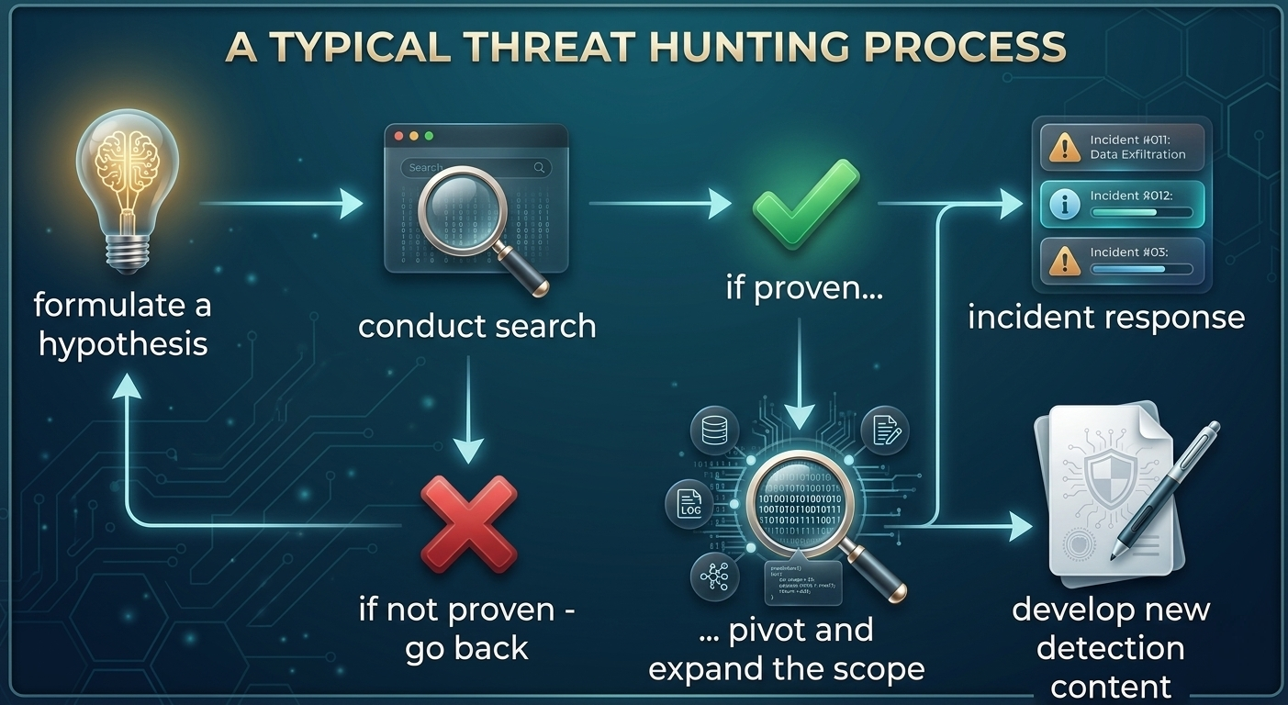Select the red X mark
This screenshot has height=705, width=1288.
click(x=468, y=524)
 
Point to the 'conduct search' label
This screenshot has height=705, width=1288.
click(x=476, y=326)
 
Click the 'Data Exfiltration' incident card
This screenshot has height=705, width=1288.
click(x=1126, y=146)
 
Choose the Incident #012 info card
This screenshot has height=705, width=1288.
click(x=1126, y=204)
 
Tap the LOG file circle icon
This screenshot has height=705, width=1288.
click(x=689, y=503)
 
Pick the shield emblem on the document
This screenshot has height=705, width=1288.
click(x=1109, y=476)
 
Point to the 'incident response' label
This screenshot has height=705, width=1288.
click(x=1106, y=317)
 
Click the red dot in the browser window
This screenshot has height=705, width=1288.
click(x=398, y=136)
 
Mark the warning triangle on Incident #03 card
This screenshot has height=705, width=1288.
click(x=1064, y=259)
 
